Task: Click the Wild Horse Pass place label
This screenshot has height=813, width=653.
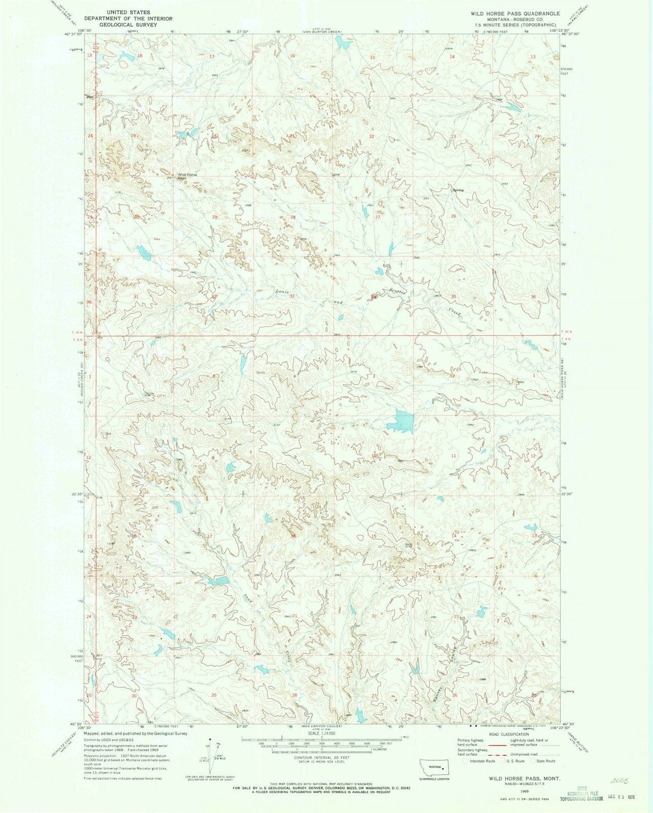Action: (186, 176)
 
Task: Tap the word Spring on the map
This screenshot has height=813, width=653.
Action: (458, 190)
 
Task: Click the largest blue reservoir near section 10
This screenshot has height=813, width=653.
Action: (399, 421)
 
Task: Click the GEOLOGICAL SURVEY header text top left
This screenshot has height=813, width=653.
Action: (128, 25)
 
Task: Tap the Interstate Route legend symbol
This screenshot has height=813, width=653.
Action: (466, 761)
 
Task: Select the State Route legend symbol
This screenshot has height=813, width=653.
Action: (534, 761)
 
